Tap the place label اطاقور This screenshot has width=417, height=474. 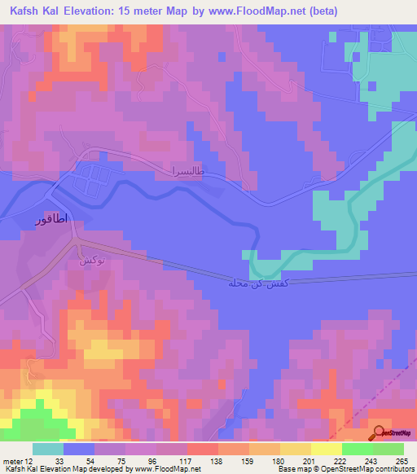point(51,221)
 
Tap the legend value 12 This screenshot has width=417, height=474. point(30,461)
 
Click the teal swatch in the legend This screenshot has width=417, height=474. point(48,449)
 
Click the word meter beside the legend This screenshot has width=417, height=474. point(11,461)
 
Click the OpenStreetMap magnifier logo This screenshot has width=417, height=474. point(380,434)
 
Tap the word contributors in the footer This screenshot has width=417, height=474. point(395,470)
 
